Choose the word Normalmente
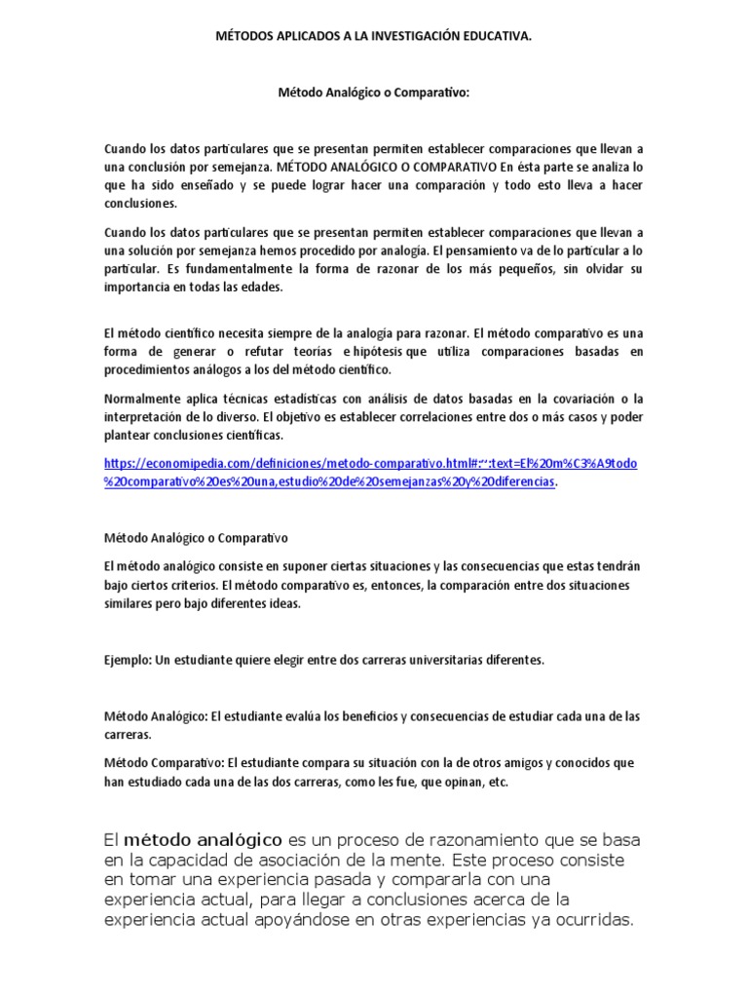pos(140,400)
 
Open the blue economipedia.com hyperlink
pos(370,463)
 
